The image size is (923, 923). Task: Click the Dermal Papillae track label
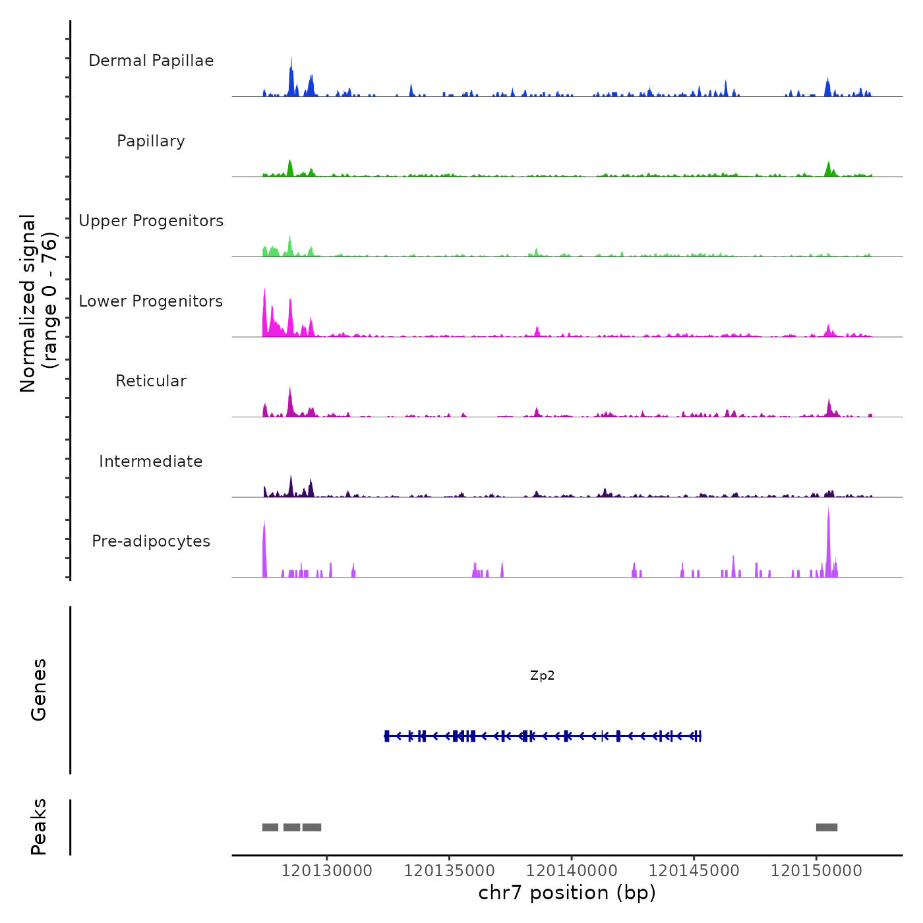[151, 61]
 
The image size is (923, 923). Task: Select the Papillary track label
[151, 141]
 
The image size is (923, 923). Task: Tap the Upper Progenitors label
[151, 221]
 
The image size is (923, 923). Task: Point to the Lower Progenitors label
[151, 301]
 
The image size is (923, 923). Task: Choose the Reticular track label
[151, 381]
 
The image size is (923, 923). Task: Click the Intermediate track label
[151, 461]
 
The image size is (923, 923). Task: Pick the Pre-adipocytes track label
[151, 541]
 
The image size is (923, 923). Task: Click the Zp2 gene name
[542, 676]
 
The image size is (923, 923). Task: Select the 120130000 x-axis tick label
[326, 871]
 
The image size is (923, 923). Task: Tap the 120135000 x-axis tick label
[449, 871]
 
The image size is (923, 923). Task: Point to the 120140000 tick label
[572, 871]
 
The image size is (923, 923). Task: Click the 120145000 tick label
[694, 871]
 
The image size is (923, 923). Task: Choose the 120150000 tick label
[816, 871]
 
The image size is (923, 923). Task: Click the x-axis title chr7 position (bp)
[567, 893]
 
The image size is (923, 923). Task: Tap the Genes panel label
[39, 690]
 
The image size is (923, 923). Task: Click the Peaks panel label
[39, 827]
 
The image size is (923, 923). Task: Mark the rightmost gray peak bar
[827, 827]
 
